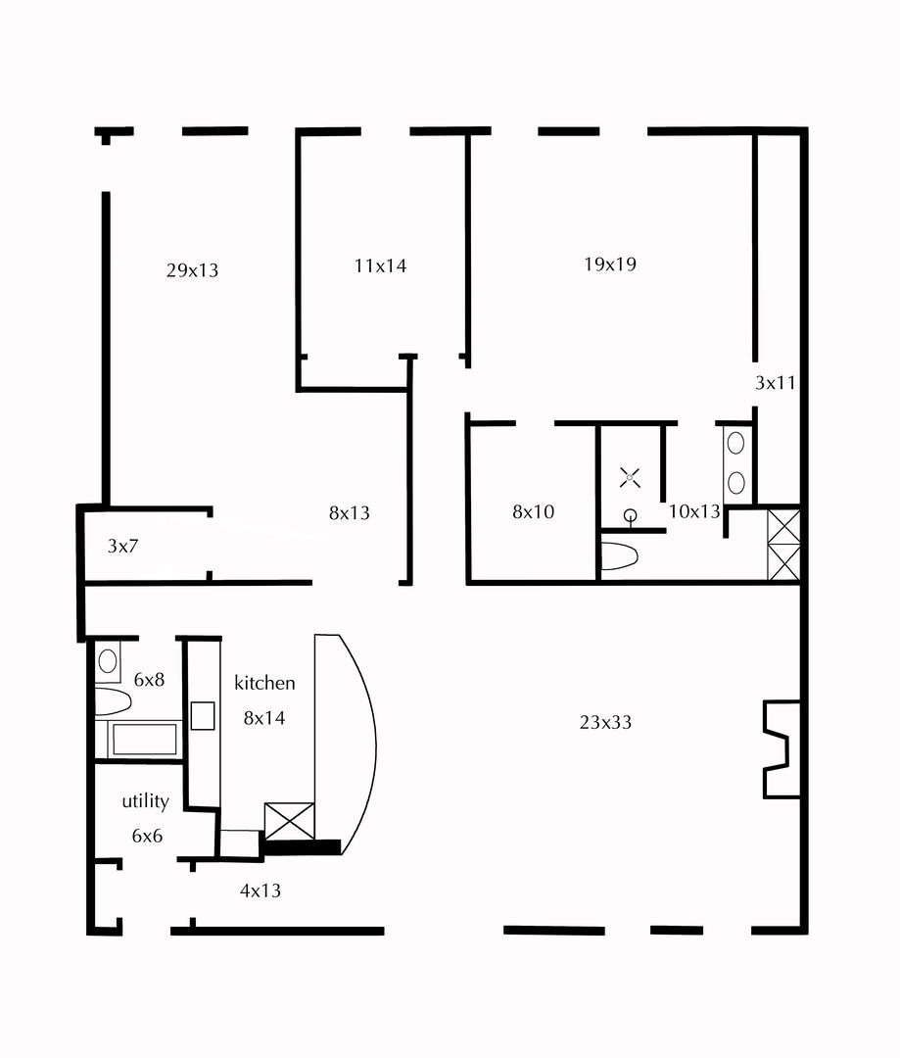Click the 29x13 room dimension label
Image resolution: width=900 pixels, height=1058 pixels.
[x=192, y=270]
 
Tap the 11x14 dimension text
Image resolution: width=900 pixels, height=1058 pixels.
[x=380, y=264]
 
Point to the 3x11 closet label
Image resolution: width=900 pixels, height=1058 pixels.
[x=775, y=383]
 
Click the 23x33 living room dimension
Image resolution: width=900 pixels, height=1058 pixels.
[x=605, y=723]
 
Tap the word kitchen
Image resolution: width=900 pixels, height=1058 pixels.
[x=264, y=683]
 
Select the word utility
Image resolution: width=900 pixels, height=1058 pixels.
[x=145, y=801]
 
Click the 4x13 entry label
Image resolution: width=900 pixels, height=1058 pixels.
[x=261, y=891]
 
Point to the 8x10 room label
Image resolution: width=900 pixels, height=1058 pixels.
[x=534, y=511]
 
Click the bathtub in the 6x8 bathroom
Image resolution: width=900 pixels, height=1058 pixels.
[x=144, y=739]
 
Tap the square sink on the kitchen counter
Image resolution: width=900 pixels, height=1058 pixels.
[x=203, y=716]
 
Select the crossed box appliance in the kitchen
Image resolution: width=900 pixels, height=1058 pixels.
[x=290, y=821]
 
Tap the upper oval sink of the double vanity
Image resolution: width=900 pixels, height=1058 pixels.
[x=735, y=443]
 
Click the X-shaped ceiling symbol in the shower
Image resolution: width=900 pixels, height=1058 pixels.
[x=630, y=479]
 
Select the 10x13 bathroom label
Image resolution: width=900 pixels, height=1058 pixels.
[x=694, y=510]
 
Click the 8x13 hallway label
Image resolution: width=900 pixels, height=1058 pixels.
[x=349, y=512]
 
